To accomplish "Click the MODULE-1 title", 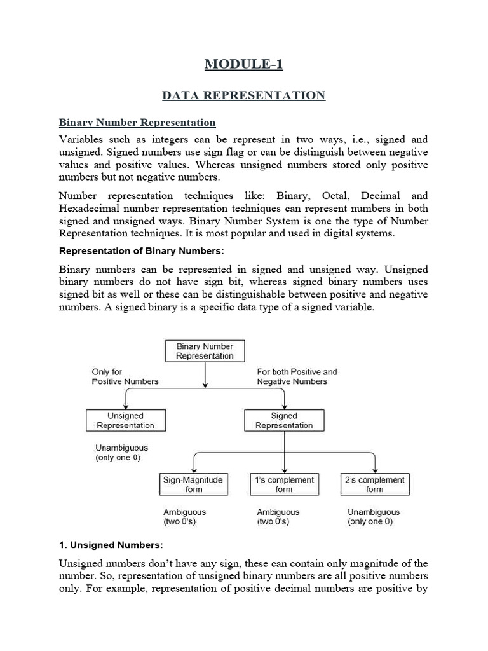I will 243,64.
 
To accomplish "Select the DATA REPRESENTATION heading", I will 243,95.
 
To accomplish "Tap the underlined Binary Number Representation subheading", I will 137,122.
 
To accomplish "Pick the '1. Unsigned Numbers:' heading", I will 111,545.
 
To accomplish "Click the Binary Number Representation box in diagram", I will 205,351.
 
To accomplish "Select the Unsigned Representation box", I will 125,420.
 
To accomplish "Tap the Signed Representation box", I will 284,420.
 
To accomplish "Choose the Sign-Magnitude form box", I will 194,484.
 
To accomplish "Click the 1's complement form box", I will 284,484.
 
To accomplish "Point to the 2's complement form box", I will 374,484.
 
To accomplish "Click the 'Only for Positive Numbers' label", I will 125,376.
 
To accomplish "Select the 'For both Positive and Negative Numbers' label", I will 297,376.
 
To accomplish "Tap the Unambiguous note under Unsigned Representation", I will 121,452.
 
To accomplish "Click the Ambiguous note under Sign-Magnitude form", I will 184,516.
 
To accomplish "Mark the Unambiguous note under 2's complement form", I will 374,516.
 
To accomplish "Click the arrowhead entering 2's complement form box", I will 375,470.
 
